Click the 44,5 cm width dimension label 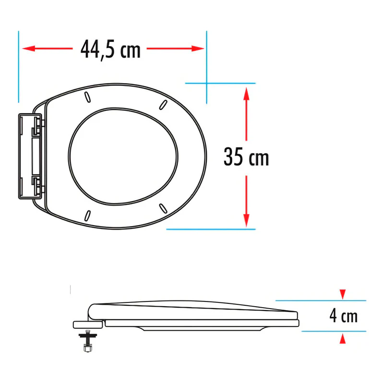pyautogui.click(x=110, y=49)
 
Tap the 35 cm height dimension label pyautogui.click(x=246, y=157)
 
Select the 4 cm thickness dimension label pyautogui.click(x=343, y=316)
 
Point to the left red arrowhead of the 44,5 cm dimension pyautogui.click(x=29, y=48)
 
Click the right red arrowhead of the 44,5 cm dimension pyautogui.click(x=198, y=48)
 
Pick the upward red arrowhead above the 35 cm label pyautogui.click(x=246, y=94)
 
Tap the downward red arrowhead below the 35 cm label pyautogui.click(x=246, y=220)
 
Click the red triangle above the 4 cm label pyautogui.click(x=343, y=294)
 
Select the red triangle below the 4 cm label pyautogui.click(x=343, y=339)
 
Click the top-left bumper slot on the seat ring pyautogui.click(x=87, y=97)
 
